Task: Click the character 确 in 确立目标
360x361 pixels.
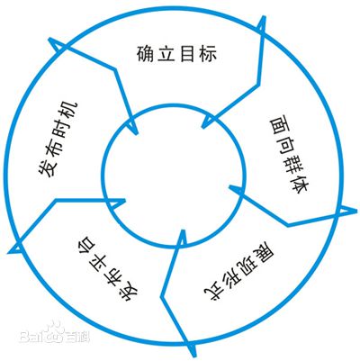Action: (x=147, y=54)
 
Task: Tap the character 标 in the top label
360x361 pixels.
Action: (x=207, y=54)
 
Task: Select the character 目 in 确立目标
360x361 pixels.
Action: (x=186, y=54)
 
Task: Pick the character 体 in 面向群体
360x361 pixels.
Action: (x=299, y=185)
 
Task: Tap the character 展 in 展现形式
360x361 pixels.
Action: (x=264, y=254)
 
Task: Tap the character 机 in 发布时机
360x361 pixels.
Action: (x=69, y=111)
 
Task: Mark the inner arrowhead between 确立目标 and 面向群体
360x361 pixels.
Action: (x=209, y=122)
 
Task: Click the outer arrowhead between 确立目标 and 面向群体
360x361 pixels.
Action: (x=262, y=24)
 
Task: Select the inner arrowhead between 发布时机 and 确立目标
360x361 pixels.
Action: (x=133, y=126)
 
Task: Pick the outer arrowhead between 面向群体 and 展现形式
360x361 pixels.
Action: (x=347, y=211)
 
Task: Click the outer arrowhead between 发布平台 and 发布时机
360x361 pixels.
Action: (x=15, y=247)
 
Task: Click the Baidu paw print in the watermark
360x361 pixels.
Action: (x=56, y=331)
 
